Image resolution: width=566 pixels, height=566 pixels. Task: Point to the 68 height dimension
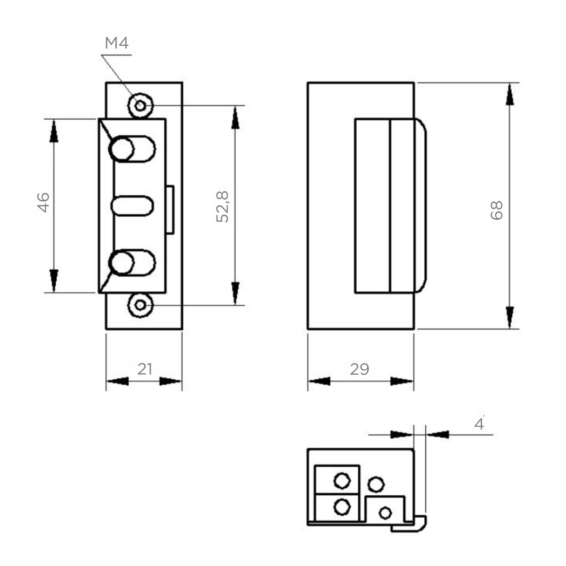496,210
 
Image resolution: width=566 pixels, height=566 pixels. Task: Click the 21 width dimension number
145,369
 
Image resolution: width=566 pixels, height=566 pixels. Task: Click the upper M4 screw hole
141,106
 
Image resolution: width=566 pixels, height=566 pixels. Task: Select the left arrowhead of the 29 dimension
319,381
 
